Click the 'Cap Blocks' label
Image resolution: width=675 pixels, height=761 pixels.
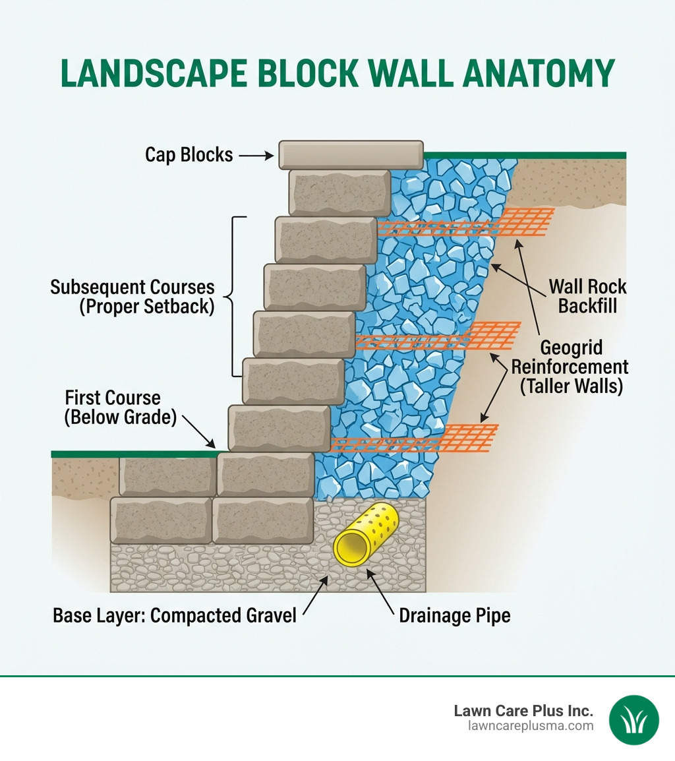pyautogui.click(x=189, y=155)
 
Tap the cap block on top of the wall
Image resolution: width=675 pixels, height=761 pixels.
pyautogui.click(x=351, y=154)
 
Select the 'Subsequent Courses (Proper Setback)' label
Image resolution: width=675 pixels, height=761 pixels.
pyautogui.click(x=132, y=297)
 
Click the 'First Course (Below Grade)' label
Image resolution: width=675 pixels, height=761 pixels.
pyautogui.click(x=120, y=408)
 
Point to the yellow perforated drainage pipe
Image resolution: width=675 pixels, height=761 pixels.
pyautogui.click(x=365, y=535)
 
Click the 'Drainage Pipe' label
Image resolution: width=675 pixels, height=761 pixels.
pyautogui.click(x=454, y=616)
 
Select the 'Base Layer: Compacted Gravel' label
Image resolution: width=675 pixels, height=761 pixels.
pyautogui.click(x=175, y=616)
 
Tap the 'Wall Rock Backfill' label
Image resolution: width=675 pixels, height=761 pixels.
pyautogui.click(x=587, y=297)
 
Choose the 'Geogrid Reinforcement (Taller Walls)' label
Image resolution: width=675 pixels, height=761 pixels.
pyautogui.click(x=570, y=367)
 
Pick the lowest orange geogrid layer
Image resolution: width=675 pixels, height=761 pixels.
pyautogui.click(x=415, y=440)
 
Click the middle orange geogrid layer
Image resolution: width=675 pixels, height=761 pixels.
pyautogui.click(x=438, y=336)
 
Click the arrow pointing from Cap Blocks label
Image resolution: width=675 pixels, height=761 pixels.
pyautogui.click(x=256, y=156)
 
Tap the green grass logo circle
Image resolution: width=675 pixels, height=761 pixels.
pyautogui.click(x=633, y=719)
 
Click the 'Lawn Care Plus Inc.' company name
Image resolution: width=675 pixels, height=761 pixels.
pyautogui.click(x=523, y=711)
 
